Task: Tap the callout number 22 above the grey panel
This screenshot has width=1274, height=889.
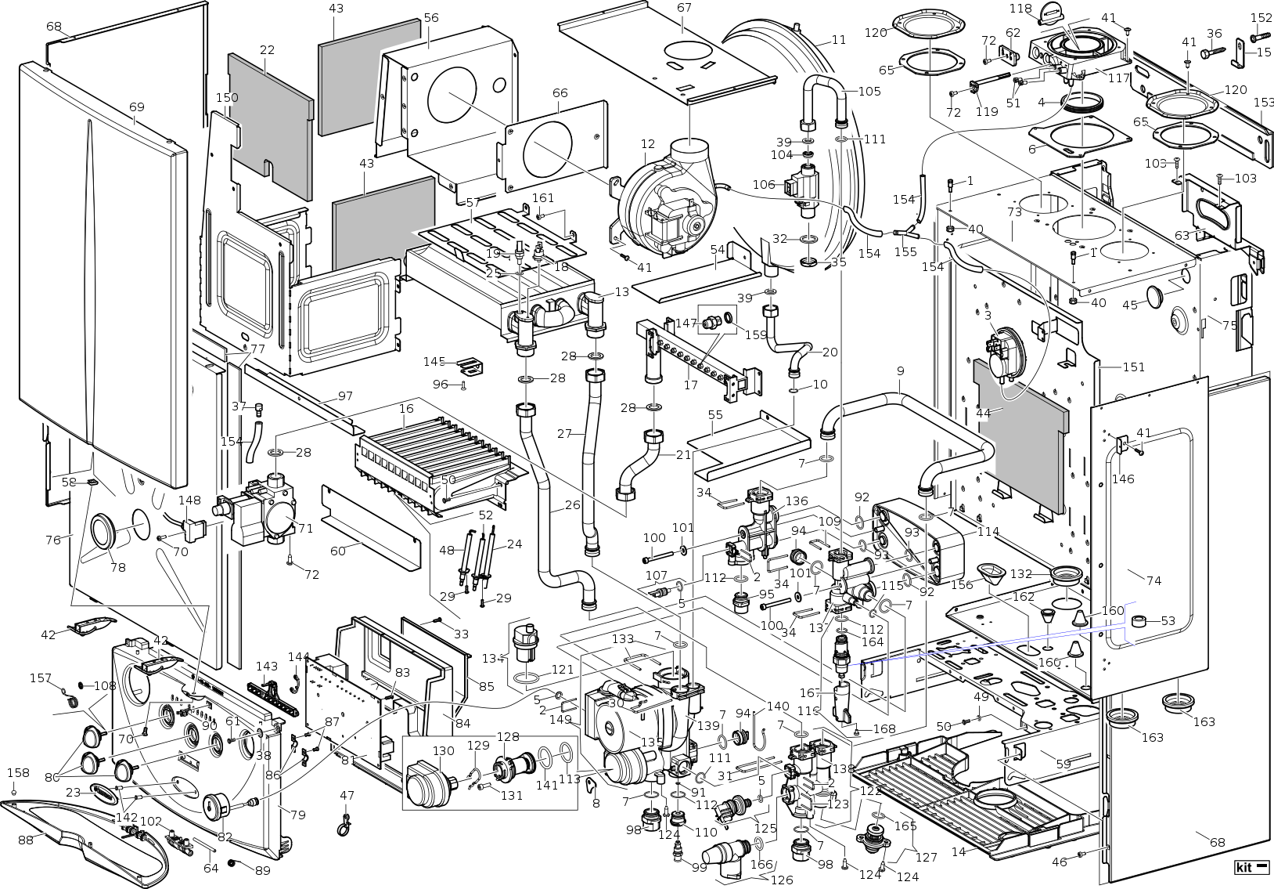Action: tap(267, 50)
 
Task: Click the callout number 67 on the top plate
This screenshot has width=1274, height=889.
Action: tap(684, 8)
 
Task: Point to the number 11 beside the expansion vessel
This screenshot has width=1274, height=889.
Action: tap(839, 40)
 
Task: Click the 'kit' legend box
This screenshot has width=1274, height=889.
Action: tap(1251, 867)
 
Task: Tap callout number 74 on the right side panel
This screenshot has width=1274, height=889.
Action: tap(1153, 580)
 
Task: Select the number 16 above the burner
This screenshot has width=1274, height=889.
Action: tap(406, 408)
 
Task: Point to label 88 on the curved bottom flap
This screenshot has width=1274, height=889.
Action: tap(26, 839)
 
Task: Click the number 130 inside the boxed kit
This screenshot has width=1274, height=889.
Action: tap(443, 750)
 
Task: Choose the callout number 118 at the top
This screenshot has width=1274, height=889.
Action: tap(1020, 9)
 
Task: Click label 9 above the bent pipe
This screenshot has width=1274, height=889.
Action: tap(901, 370)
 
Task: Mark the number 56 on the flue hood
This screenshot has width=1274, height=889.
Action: tap(431, 18)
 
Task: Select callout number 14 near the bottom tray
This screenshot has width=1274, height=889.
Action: tap(959, 852)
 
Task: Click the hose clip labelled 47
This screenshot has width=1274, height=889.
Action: tap(342, 822)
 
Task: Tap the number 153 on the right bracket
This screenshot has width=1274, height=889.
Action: tap(1264, 103)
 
